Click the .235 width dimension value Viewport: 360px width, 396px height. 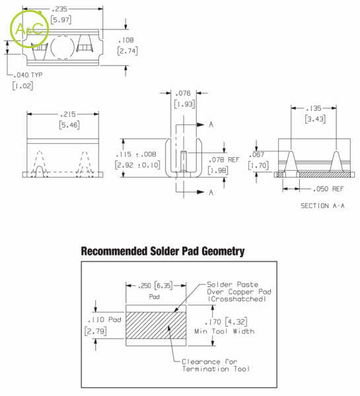59,9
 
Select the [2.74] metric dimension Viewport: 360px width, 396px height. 127,51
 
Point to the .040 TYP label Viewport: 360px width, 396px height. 28,75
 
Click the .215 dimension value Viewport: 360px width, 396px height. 68,114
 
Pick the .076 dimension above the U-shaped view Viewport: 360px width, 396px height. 183,93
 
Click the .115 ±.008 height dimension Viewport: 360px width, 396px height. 136,154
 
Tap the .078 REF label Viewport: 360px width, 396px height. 224,160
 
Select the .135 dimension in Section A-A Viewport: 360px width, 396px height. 314,108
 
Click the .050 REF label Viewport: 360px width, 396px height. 328,189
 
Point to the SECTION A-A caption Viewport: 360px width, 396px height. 322,206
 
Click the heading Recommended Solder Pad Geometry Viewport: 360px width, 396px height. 162,251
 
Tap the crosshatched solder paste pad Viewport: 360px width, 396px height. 156,325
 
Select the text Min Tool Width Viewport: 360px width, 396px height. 224,331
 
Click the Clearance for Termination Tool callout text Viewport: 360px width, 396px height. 215,365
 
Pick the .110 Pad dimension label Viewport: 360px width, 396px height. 104,319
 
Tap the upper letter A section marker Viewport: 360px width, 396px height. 211,125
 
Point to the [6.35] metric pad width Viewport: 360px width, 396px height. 164,286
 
